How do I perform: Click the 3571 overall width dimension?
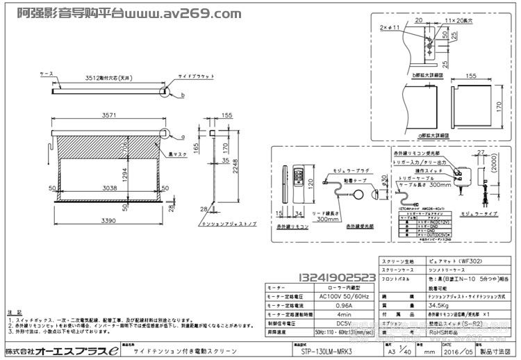pyautogui.click(x=107, y=117)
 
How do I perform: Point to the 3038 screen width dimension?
pyautogui.click(x=110, y=187)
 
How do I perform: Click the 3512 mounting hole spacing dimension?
pyautogui.click(x=97, y=79)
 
